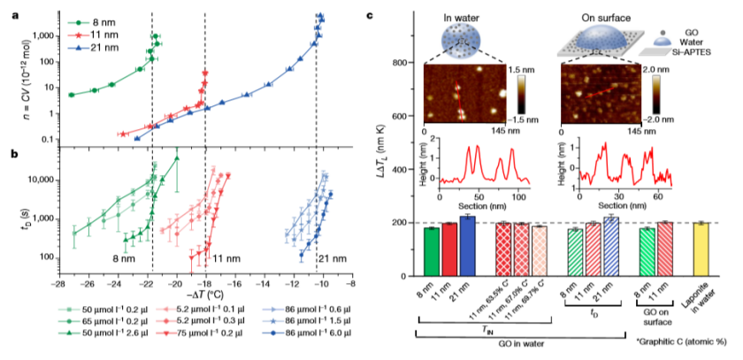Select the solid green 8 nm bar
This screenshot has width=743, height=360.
[x=431, y=251]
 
